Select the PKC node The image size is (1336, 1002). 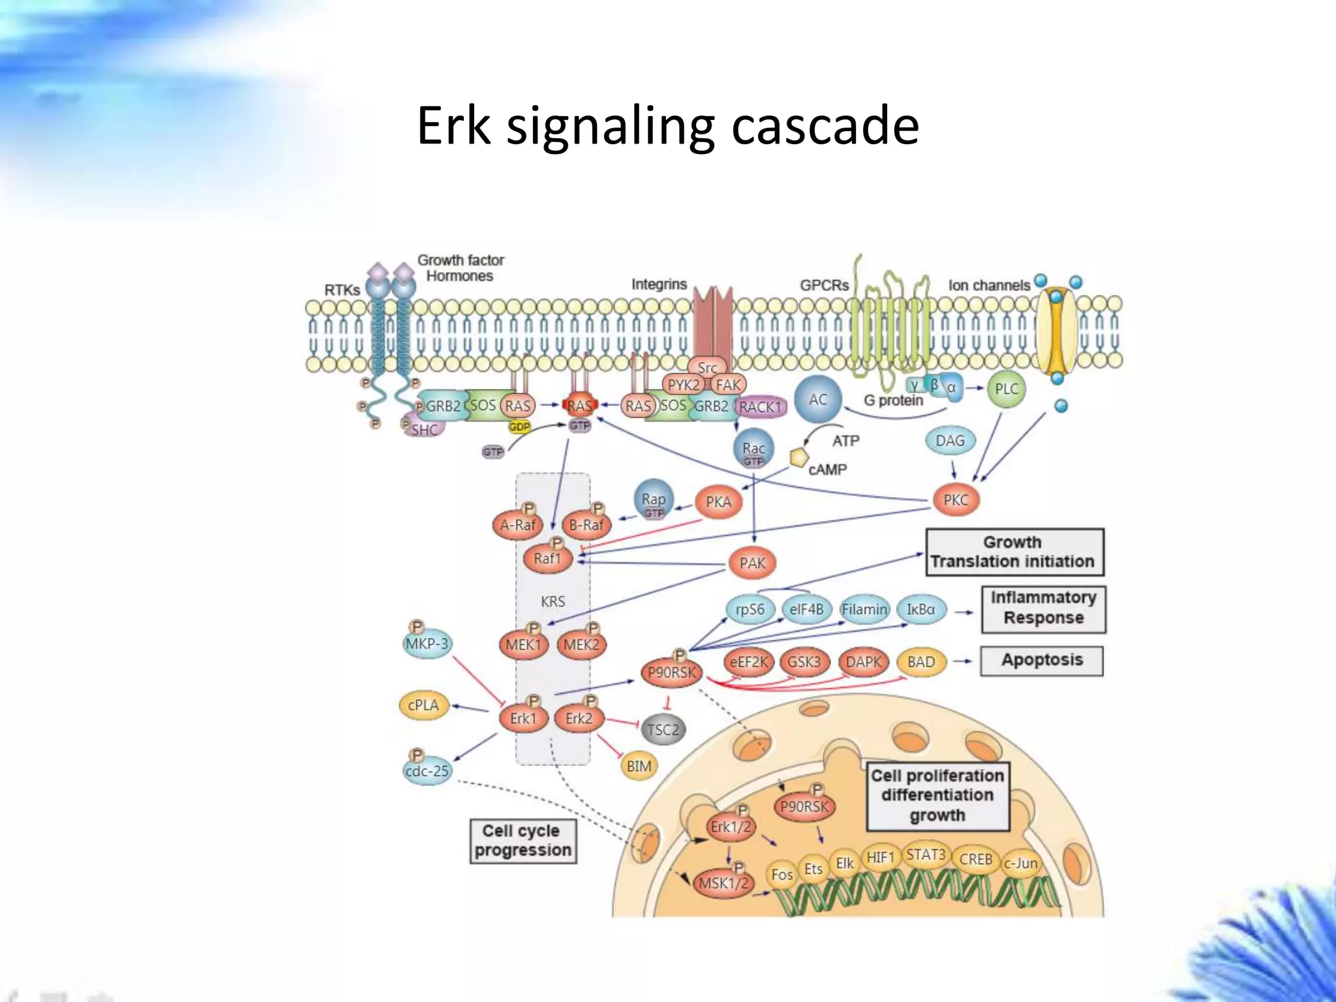pos(956,500)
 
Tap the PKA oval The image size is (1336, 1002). pos(718,502)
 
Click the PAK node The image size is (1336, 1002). pos(752,562)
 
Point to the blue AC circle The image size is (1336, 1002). pos(818,399)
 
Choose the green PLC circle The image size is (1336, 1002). pos(1006,389)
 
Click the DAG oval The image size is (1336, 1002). pos(950,440)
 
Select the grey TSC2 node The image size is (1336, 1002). pos(663,729)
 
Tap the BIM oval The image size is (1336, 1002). pos(639,766)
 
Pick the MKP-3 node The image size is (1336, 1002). pos(427,644)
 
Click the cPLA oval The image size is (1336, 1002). pos(423,705)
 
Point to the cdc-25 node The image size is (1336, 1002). pos(427,770)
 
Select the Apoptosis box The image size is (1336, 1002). pos(1042,660)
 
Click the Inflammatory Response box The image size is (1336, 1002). pos(1043,608)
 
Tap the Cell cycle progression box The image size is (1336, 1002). pos(523,840)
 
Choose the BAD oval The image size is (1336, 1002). pos(921,661)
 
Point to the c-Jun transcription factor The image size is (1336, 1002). pos(1021,864)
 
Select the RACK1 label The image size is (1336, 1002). pos(760,407)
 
